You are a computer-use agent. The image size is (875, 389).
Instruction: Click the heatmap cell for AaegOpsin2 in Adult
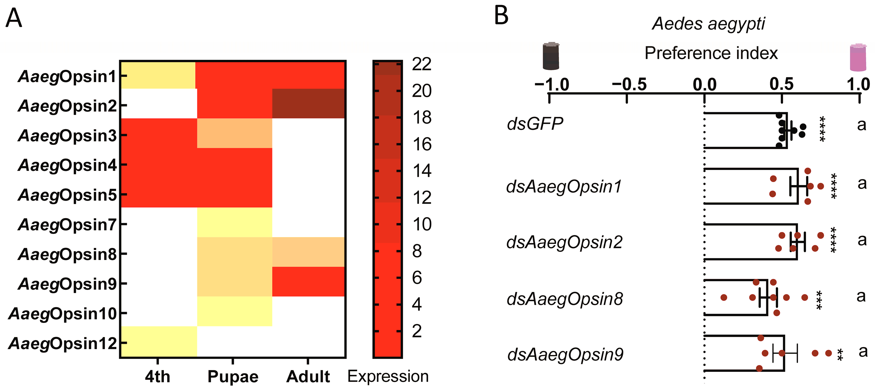click(x=308, y=103)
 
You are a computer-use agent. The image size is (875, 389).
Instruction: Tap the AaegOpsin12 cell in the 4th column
click(x=159, y=341)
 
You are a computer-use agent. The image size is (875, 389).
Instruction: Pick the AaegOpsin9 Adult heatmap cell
click(x=308, y=281)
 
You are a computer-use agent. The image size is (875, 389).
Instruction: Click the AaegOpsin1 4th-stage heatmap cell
click(x=159, y=75)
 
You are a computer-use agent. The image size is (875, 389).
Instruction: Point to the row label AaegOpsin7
click(x=67, y=224)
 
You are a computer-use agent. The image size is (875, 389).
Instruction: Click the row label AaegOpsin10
click(x=63, y=313)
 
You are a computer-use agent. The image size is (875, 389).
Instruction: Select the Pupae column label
click(x=233, y=376)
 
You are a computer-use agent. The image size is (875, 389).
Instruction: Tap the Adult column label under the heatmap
click(x=308, y=376)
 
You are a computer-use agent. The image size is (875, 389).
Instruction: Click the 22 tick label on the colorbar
click(x=422, y=64)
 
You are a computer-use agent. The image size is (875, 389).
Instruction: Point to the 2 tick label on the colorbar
click(x=417, y=331)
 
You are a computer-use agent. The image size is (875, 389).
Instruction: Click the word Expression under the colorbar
click(x=388, y=376)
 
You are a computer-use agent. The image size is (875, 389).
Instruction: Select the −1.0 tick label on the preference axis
click(x=552, y=84)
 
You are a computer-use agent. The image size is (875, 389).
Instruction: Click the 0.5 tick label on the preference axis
click(x=782, y=84)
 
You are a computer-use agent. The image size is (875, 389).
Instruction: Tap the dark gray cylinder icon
click(x=551, y=56)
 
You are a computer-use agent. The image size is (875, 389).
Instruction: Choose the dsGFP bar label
click(x=535, y=123)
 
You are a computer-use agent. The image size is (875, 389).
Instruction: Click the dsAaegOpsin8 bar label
click(x=565, y=299)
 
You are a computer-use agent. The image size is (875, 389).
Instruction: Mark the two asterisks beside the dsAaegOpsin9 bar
click(x=840, y=355)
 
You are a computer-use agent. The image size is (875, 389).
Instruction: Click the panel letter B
click(x=501, y=16)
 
